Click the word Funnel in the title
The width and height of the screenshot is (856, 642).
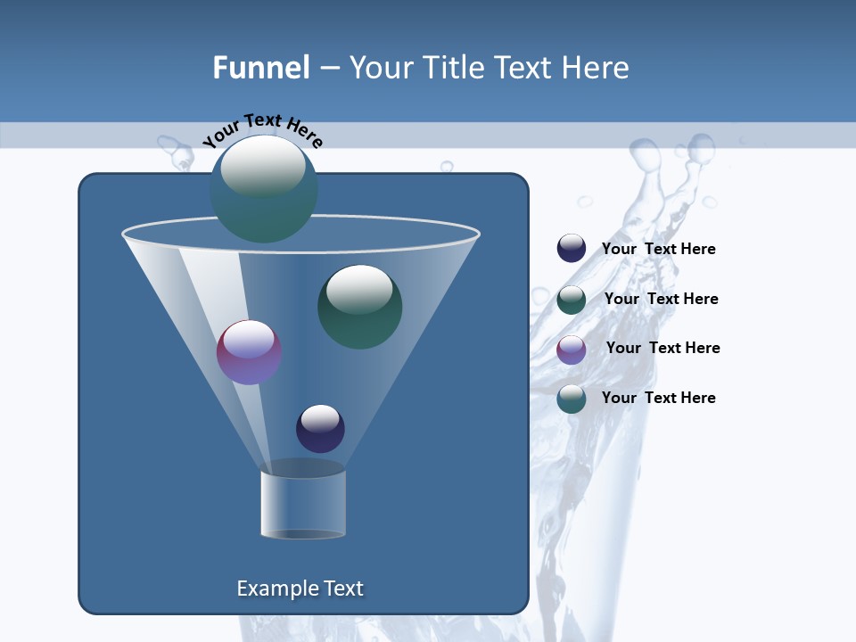261,68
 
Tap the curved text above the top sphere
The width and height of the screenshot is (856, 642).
262,130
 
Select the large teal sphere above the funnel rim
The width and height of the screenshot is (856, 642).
263,189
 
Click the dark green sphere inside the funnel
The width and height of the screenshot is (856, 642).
359,307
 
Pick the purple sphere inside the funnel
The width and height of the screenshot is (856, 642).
249,352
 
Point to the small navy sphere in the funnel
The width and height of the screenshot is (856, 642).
320,429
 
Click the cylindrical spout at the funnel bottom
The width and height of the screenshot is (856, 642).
303,504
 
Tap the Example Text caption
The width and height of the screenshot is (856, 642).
300,588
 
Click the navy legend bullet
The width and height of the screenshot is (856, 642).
572,248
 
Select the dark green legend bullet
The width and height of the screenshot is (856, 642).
572,300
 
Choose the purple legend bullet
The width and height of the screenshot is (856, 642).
572,350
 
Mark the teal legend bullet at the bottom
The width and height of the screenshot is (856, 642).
572,399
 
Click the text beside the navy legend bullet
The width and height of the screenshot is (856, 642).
658,249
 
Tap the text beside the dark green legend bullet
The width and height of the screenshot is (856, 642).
661,299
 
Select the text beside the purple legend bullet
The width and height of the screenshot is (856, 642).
663,348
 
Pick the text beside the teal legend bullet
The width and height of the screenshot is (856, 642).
658,398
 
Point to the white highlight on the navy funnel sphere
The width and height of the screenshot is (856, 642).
320,418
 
